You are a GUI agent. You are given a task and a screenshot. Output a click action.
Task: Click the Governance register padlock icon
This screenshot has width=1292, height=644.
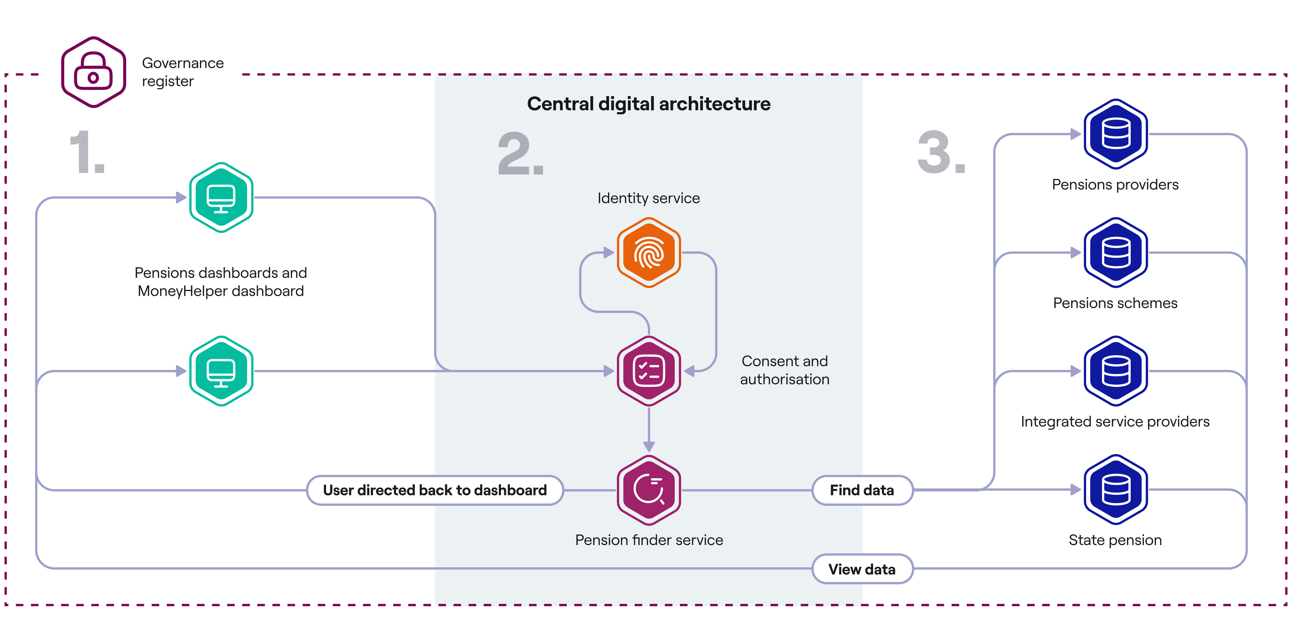pos(93,72)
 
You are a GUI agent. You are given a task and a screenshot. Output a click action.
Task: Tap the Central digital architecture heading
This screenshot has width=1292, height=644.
pos(648,104)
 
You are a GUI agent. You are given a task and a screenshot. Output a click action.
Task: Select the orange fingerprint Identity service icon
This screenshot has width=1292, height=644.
pos(648,252)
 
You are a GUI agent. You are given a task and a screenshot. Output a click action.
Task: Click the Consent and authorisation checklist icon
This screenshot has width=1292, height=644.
pos(648,371)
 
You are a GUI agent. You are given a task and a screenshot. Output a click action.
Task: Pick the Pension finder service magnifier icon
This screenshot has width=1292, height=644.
pos(648,490)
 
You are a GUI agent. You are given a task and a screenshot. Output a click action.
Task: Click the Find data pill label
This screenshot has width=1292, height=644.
pos(862,490)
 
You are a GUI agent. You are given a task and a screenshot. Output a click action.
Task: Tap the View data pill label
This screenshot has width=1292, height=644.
pos(862,569)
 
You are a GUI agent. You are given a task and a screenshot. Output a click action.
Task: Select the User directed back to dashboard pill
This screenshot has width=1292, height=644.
pos(434,490)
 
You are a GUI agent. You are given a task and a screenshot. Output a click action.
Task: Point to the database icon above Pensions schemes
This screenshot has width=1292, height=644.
pos(1115,252)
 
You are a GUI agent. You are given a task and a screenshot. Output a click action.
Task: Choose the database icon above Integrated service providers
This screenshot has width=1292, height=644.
pos(1115,371)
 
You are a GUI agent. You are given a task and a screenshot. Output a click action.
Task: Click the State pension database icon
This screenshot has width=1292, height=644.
pos(1115,490)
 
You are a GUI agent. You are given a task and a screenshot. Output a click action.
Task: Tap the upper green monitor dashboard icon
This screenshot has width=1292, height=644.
pos(221,197)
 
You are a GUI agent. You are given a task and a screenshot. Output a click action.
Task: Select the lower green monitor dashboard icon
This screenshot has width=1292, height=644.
pos(221,371)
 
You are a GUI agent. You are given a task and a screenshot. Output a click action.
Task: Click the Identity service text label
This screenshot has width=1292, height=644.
pos(648,198)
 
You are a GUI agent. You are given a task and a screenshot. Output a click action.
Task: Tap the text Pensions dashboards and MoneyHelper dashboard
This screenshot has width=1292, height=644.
pos(221,282)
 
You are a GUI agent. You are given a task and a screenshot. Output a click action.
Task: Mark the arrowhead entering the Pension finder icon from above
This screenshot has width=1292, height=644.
pos(648,446)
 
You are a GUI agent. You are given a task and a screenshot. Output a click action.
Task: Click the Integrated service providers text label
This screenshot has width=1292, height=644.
pos(1115,421)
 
